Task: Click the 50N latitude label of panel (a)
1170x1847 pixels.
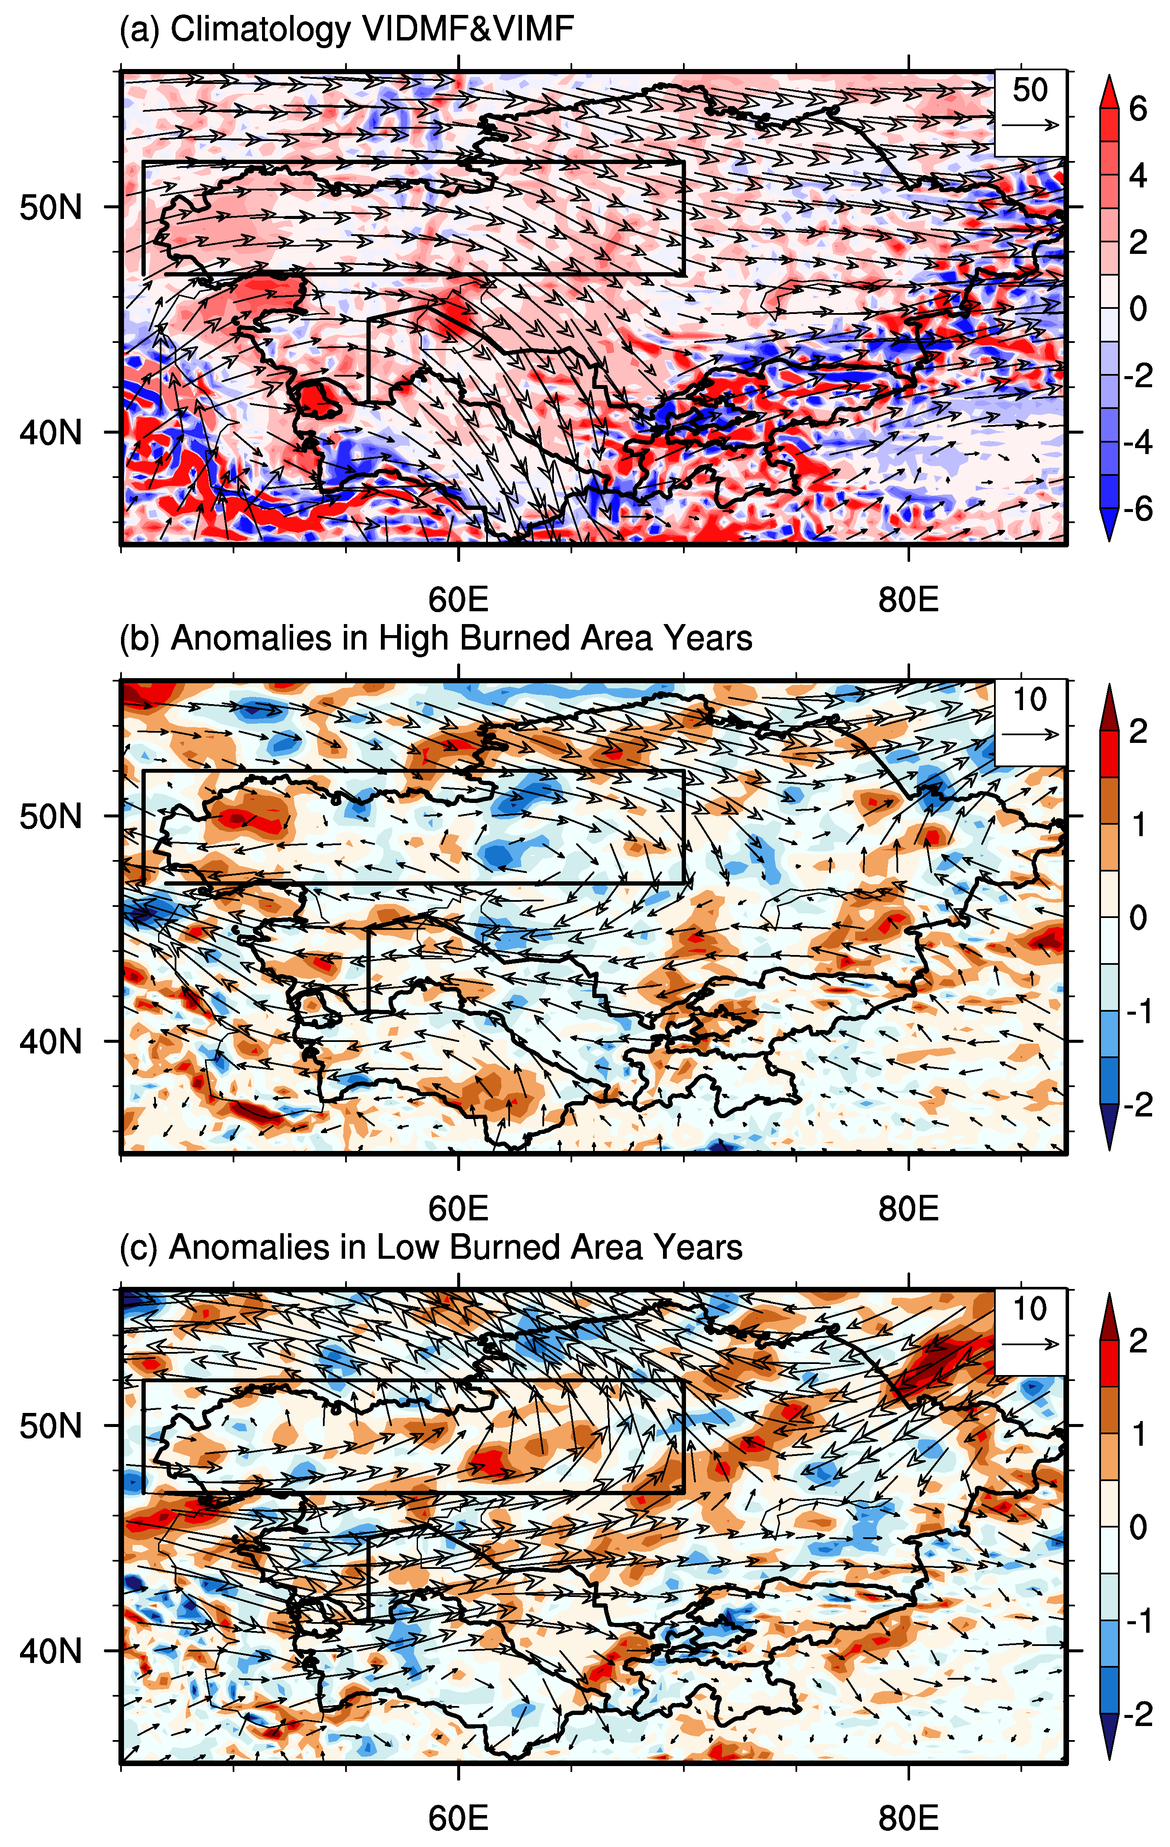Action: [51, 207]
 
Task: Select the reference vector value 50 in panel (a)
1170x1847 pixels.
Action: [1029, 90]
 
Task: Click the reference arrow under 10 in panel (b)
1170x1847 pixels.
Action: [1029, 735]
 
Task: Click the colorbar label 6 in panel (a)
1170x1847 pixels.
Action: [1138, 109]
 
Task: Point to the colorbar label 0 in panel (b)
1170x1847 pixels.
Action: [1138, 918]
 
